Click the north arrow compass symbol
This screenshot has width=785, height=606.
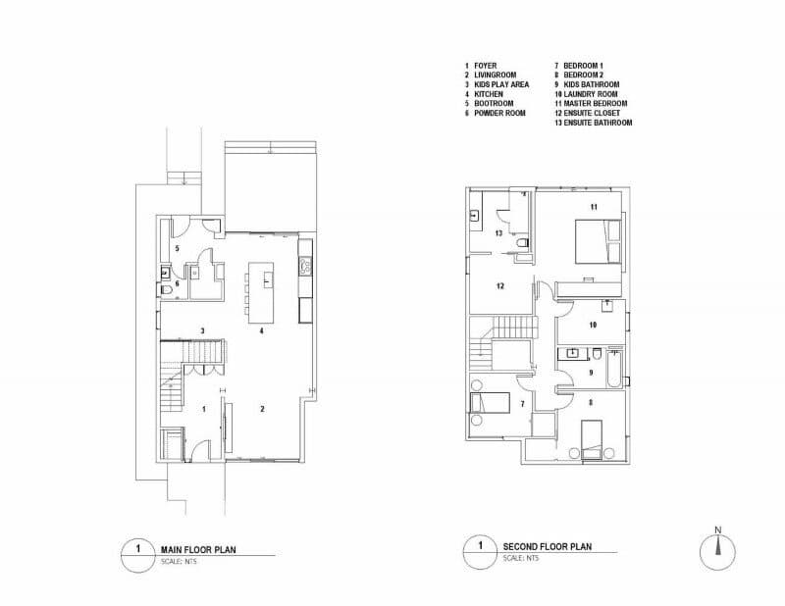click(718, 551)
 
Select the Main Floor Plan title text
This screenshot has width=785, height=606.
click(198, 549)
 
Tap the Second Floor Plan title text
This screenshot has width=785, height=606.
click(548, 546)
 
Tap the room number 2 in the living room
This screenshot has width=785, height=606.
click(262, 409)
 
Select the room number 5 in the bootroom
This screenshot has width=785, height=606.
click(177, 248)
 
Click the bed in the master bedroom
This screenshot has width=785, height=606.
click(598, 240)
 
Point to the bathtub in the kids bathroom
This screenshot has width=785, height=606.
click(614, 370)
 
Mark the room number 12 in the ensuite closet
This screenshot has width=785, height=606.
click(500, 286)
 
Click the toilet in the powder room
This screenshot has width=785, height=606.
click(166, 290)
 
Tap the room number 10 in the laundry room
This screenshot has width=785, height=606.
click(593, 325)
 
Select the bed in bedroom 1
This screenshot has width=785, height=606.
click(490, 403)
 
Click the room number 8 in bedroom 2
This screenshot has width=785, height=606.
click(591, 402)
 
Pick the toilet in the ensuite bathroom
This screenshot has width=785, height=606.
click(522, 244)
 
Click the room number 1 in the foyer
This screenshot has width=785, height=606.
click(204, 409)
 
